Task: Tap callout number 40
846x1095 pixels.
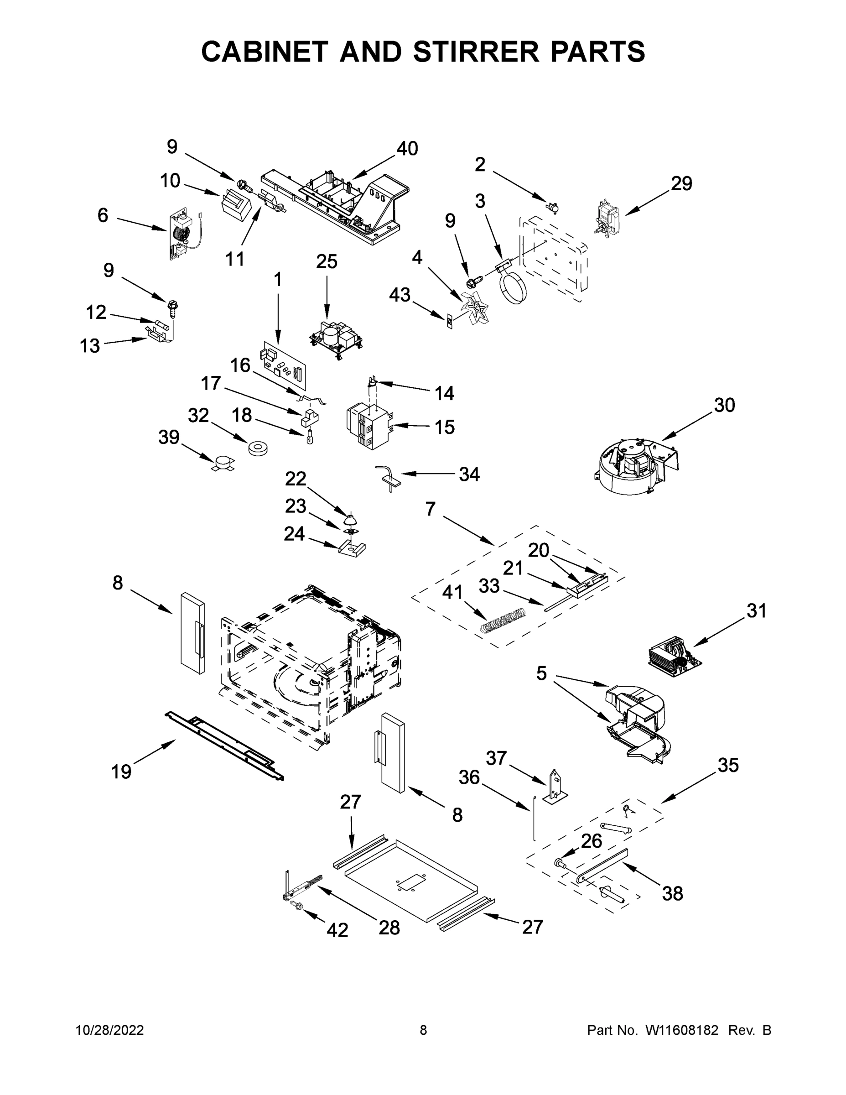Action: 407,148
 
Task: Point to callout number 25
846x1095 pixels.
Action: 327,262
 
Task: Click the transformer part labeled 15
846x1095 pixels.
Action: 369,427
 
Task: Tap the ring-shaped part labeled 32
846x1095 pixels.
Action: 258,448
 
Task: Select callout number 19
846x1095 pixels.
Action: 121,772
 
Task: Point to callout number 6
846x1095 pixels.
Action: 103,216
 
